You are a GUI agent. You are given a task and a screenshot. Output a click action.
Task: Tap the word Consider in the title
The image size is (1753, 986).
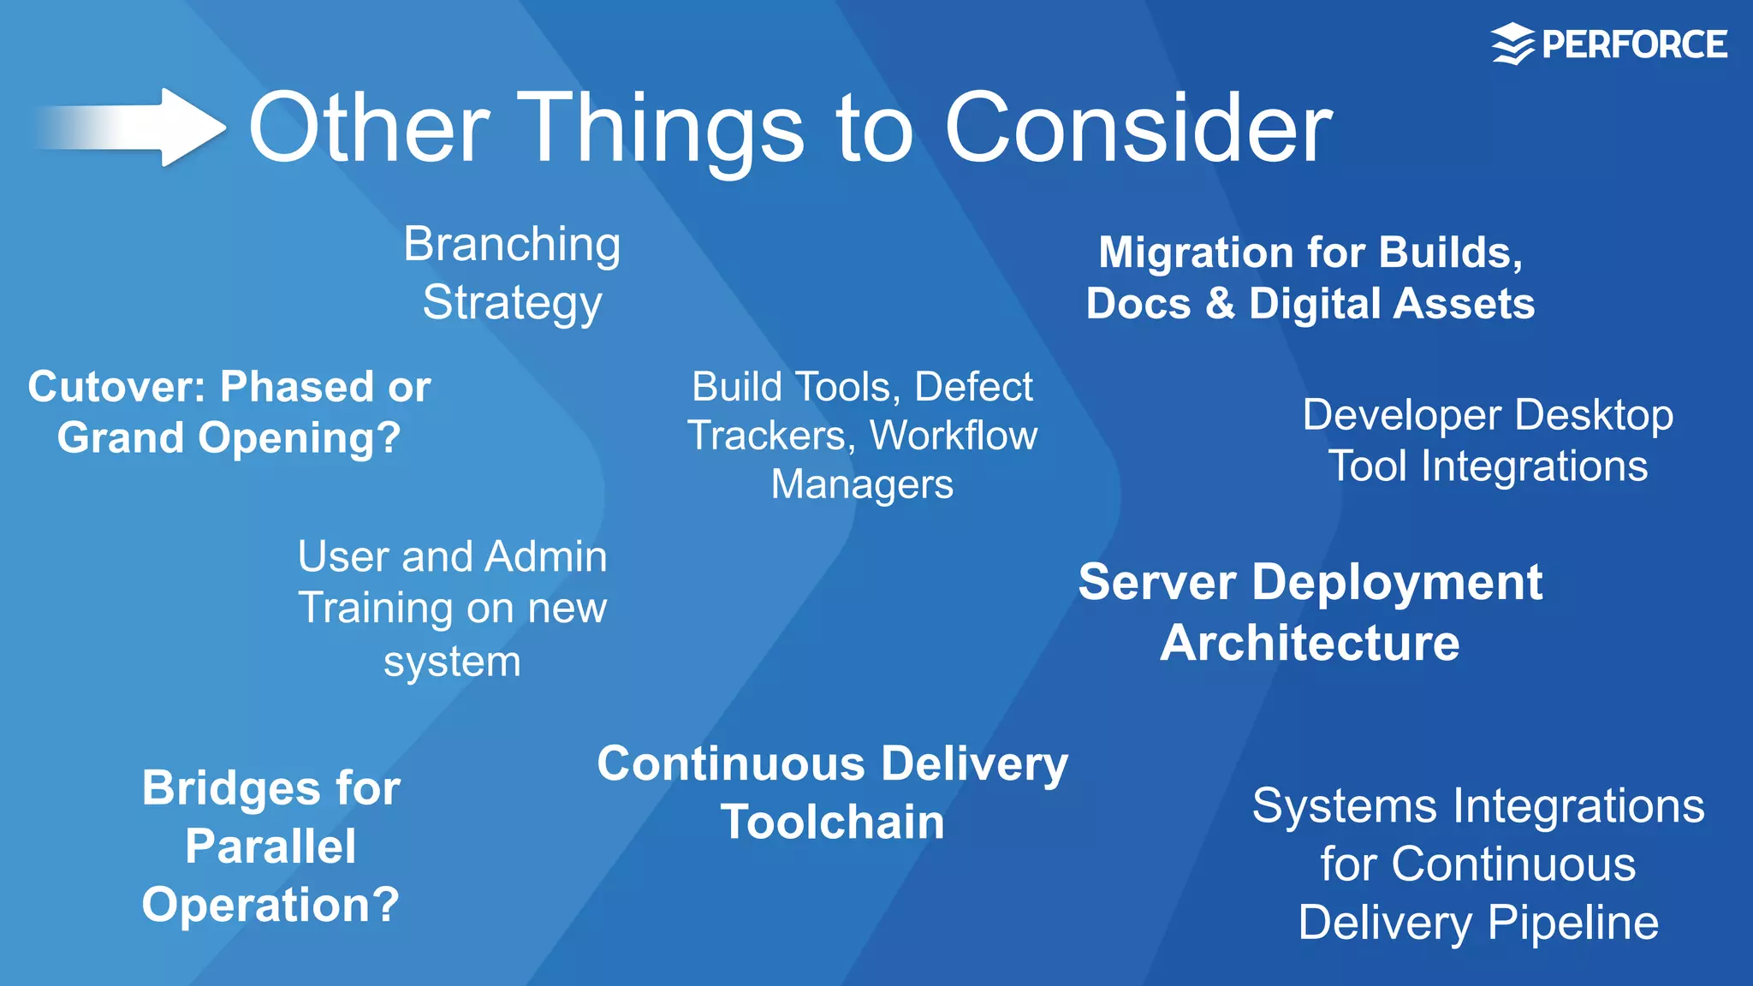point(1138,128)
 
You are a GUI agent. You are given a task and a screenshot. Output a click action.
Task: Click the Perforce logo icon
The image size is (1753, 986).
point(1512,45)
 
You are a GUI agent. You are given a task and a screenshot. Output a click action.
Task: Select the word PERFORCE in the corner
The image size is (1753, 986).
point(1634,45)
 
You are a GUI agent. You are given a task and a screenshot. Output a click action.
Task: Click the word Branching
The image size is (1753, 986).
point(512,246)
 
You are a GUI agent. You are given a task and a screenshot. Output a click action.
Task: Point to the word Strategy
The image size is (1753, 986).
point(512,304)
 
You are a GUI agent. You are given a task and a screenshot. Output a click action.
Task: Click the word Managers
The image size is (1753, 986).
point(862,485)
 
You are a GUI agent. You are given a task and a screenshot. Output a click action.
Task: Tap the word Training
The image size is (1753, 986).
point(375,609)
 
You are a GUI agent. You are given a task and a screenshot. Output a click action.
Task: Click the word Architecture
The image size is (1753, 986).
point(1310,643)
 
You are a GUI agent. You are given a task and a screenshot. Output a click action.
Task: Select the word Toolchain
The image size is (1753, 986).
point(832,823)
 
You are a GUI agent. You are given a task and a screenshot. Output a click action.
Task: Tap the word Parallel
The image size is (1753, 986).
point(270,846)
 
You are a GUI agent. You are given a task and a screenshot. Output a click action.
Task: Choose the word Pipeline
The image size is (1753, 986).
point(1572,924)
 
